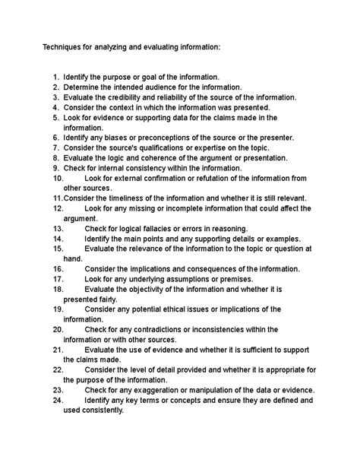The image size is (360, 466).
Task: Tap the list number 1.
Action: (56, 78)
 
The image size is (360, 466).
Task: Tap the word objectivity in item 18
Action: (152, 289)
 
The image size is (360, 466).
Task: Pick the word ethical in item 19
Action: (193, 309)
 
